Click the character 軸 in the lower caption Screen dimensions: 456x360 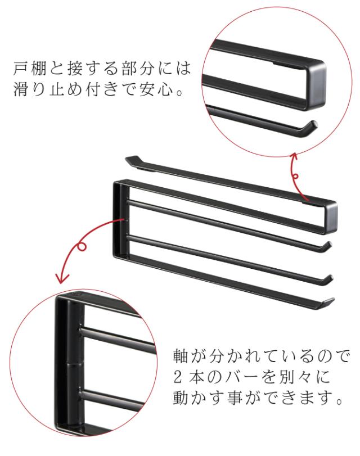[181, 358]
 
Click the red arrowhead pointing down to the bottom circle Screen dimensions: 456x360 [61, 277]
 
